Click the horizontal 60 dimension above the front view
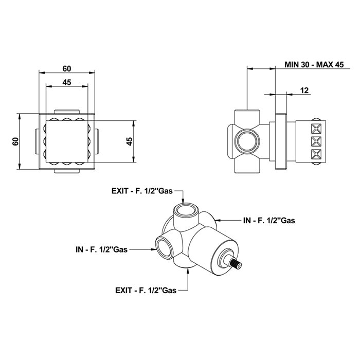pos(67,68)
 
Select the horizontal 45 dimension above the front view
pos(67,82)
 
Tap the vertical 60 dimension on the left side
pos(15,141)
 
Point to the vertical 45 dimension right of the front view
pos(130,141)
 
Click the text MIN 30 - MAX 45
pos(314,64)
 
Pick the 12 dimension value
pos(304,90)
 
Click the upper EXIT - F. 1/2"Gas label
pos(142,191)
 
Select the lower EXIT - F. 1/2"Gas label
pos(146,291)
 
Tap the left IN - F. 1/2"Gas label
pos(101,249)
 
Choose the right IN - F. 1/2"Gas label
pos(269,221)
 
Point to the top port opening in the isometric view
pos(186,210)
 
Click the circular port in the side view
pos(246,141)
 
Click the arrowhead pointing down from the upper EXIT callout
pos(183,202)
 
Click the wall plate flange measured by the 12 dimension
pos(281,141)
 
